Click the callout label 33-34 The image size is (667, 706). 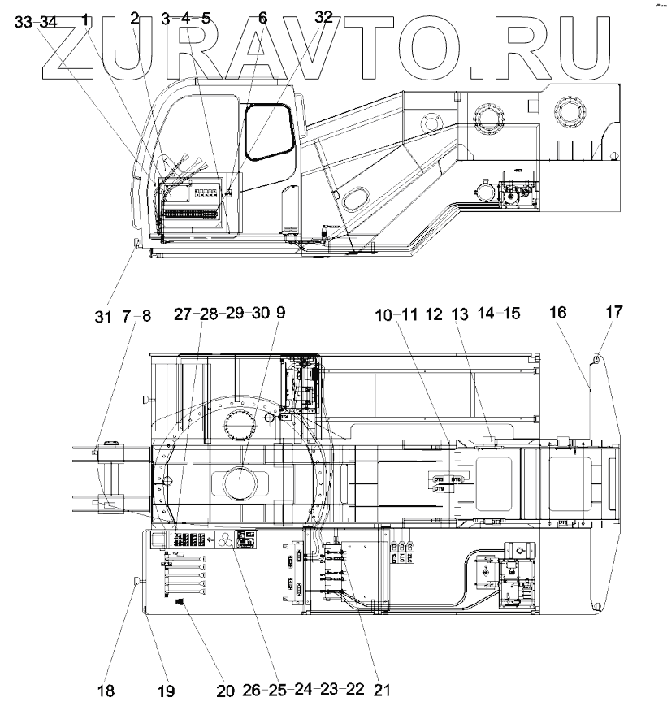click(35, 22)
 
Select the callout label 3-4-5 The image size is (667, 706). click(186, 19)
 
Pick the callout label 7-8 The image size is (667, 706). click(137, 317)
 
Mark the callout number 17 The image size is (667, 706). click(613, 312)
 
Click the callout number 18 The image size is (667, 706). click(106, 691)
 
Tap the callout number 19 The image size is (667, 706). click(166, 691)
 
